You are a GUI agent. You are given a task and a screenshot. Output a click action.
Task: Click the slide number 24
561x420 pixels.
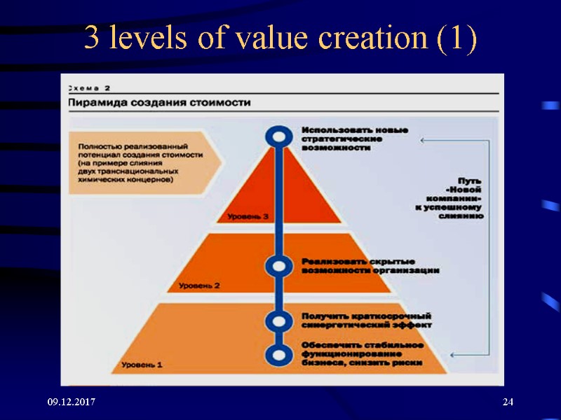tap(508, 402)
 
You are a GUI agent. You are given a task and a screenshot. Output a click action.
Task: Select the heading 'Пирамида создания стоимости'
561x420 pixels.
tap(159, 103)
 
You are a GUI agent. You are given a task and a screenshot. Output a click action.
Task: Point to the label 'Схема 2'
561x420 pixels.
tap(89, 88)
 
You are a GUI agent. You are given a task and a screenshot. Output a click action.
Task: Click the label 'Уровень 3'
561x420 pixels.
tap(248, 217)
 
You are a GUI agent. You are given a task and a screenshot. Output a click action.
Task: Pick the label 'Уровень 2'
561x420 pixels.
tap(199, 286)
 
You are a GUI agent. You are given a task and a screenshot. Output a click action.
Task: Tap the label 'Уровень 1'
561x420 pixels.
tap(142, 364)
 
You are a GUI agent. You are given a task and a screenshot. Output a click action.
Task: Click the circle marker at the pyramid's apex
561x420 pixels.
tap(278, 136)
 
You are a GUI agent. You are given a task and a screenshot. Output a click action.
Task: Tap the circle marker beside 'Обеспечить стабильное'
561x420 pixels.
tap(278, 354)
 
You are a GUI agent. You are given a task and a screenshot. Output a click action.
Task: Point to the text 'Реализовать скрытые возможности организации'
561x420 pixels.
tap(370, 266)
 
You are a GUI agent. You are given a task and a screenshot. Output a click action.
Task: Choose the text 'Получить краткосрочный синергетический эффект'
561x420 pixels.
tap(367, 320)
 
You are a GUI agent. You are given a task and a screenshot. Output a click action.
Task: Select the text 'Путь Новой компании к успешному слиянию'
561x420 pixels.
tap(457, 198)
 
